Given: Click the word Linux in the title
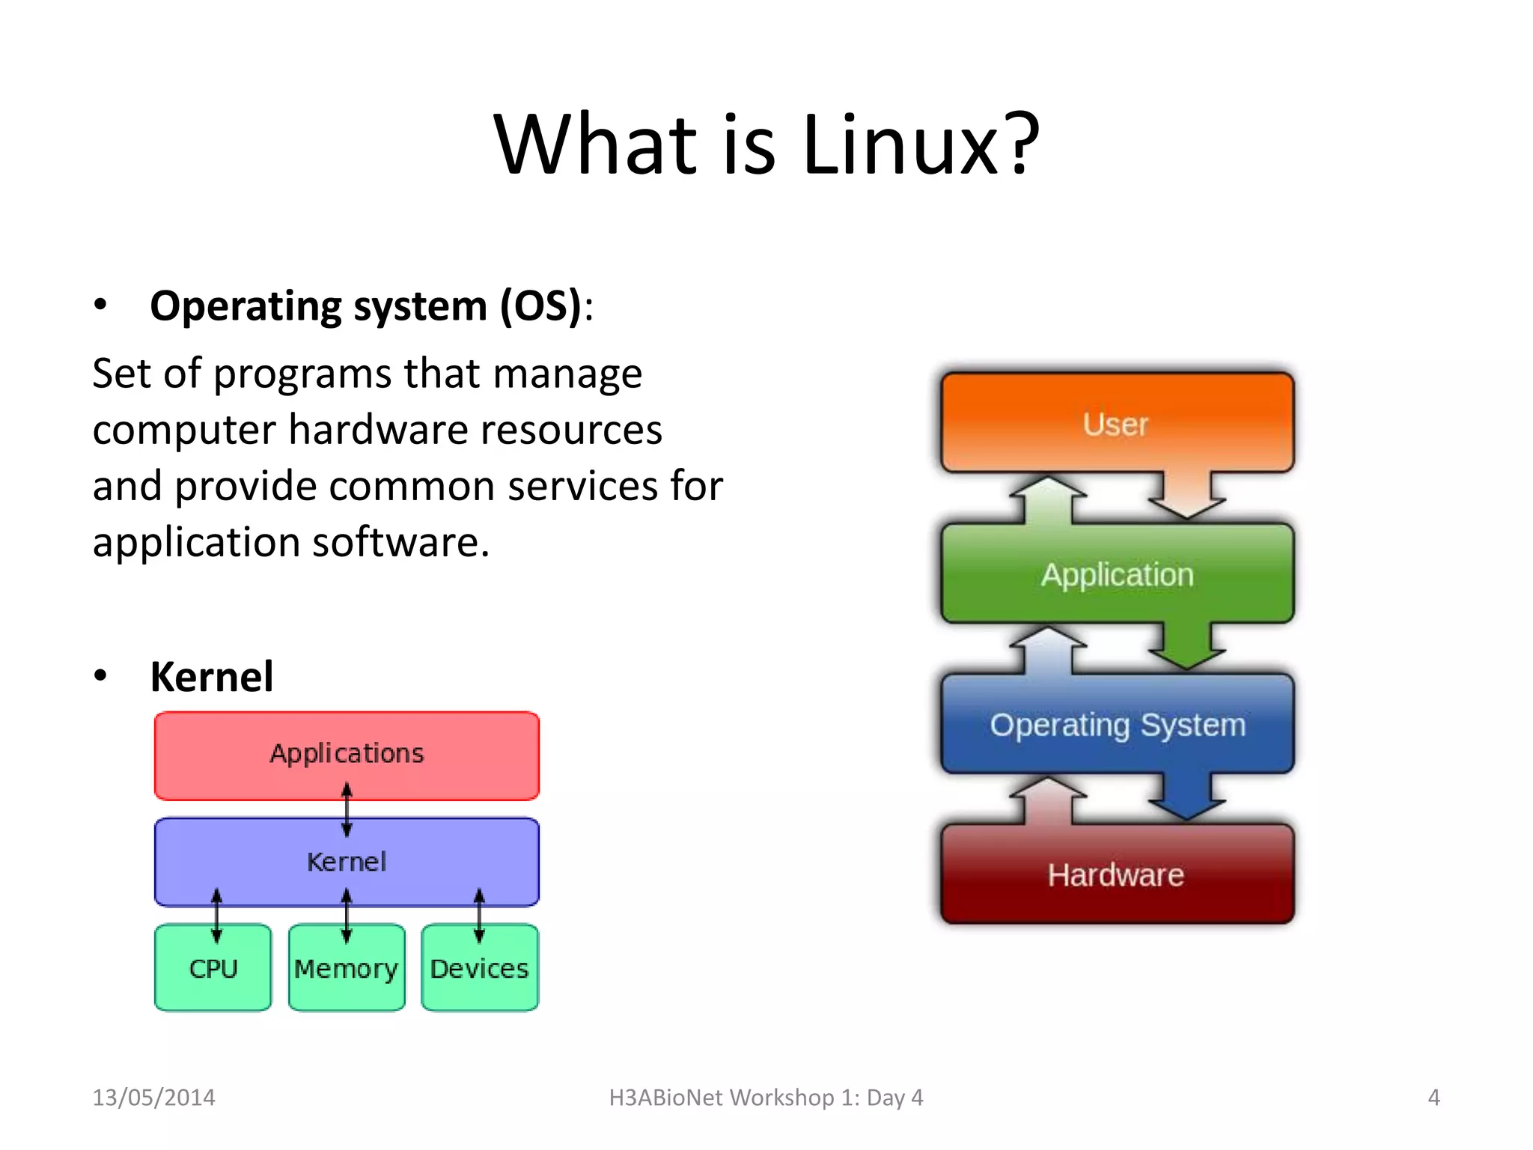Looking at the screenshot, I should point(900,144).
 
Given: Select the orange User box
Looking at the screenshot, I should point(1116,423).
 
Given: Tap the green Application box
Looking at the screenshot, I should point(1116,574).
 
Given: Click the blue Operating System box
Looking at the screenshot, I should point(1116,724).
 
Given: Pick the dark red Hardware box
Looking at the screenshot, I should point(1116,874).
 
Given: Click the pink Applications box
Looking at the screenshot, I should point(347,753).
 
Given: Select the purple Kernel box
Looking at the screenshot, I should point(347,862).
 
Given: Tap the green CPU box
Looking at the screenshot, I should point(213,969).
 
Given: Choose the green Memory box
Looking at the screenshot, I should point(346,969).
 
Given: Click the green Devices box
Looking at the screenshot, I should point(479,969).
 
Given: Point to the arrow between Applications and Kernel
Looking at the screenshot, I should point(347,809).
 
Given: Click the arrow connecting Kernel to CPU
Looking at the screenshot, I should point(216,915).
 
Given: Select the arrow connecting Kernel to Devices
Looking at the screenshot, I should point(479,915).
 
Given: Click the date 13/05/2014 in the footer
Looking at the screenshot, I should point(153,1098).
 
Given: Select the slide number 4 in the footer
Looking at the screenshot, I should point(1433,1098).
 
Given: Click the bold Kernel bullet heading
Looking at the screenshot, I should point(212,677).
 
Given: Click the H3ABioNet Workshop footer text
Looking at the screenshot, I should point(766,1098).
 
